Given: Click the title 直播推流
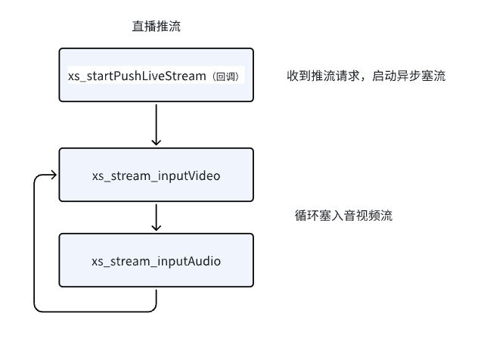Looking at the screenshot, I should click(x=156, y=26).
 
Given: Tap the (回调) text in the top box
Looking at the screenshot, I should click(x=227, y=77).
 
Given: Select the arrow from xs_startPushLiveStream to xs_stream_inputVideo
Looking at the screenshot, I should click(x=156, y=124).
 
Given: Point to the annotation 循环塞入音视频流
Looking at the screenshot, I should click(x=343, y=216).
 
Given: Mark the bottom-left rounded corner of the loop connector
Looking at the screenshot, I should click(x=36, y=309).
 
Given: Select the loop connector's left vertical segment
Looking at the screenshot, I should click(x=34, y=242).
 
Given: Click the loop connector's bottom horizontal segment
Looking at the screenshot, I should click(x=95, y=311).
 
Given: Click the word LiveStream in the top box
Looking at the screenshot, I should click(x=175, y=76).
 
